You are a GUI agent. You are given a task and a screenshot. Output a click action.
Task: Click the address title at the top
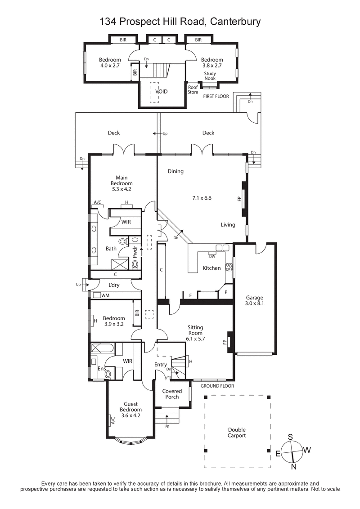pos(180,21)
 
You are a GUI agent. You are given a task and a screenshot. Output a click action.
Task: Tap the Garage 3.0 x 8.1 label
pos(254,300)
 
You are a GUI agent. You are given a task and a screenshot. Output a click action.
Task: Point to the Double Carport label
pos(237,433)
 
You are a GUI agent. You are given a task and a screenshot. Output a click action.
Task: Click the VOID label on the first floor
pos(161,91)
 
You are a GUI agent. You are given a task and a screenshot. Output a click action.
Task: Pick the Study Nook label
pos(210,76)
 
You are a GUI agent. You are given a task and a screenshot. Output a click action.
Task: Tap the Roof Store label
pos(193,90)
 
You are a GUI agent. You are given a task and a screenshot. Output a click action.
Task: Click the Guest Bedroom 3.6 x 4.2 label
pos(130,410)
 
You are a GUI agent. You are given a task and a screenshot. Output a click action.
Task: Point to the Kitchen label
pos(211,268)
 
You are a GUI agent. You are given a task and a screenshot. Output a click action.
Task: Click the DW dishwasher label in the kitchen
pos(211,256)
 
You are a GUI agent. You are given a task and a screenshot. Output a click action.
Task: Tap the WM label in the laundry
pos(105,295)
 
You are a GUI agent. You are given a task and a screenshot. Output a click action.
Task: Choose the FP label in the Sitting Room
pos(224,342)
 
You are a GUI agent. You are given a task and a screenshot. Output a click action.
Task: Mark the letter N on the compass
pos(294,467)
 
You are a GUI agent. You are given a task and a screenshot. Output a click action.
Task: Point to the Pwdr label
pos(135,250)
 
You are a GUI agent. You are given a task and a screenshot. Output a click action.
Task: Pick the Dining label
pos(175,171)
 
